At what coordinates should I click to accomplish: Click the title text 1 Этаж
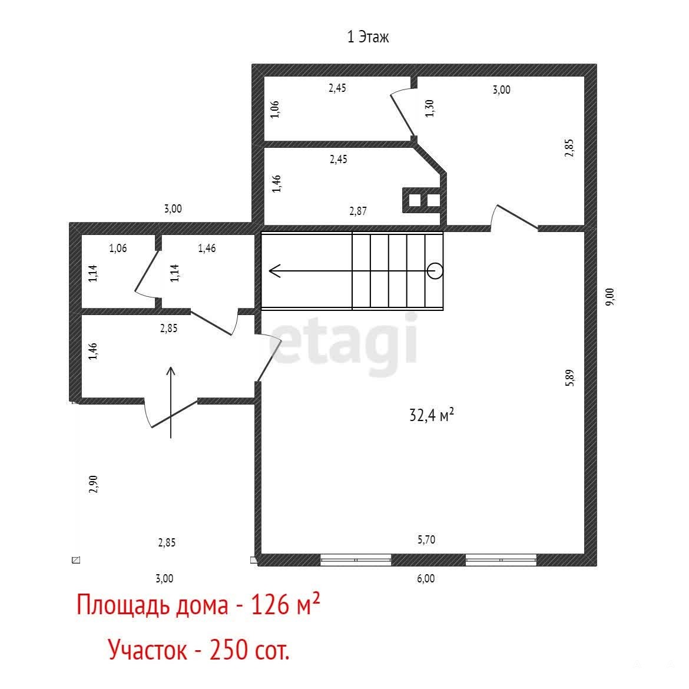[368, 37]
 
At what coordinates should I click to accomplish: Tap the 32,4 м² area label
[431, 415]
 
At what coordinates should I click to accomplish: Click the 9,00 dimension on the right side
[609, 297]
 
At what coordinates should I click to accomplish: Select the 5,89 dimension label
[569, 378]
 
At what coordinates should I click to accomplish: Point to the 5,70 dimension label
[426, 539]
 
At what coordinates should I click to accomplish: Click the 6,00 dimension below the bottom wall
[426, 578]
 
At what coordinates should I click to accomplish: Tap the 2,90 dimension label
[93, 484]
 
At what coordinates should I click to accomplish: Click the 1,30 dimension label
[429, 108]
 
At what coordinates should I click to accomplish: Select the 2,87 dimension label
[357, 211]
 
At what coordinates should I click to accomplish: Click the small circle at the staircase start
[435, 271]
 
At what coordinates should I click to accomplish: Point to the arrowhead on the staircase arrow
[274, 271]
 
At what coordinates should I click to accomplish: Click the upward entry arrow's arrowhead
[171, 372]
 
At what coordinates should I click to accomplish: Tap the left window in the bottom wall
[356, 560]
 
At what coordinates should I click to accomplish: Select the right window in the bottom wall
[501, 560]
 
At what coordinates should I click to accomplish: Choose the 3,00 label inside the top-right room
[501, 90]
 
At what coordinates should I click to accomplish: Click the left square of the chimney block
[415, 200]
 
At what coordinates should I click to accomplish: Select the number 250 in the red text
[228, 650]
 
